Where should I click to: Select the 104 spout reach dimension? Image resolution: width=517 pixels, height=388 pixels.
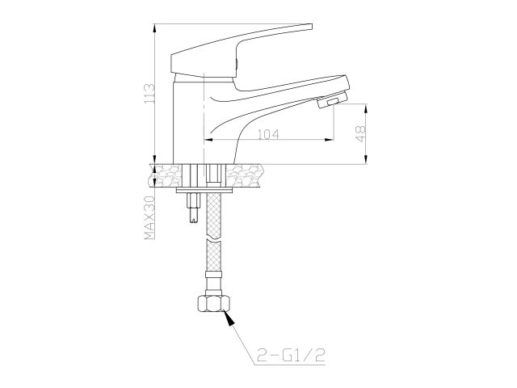[270, 134]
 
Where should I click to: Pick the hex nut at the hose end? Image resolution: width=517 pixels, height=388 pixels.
[213, 306]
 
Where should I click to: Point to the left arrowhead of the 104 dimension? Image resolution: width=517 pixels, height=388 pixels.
[206, 141]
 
